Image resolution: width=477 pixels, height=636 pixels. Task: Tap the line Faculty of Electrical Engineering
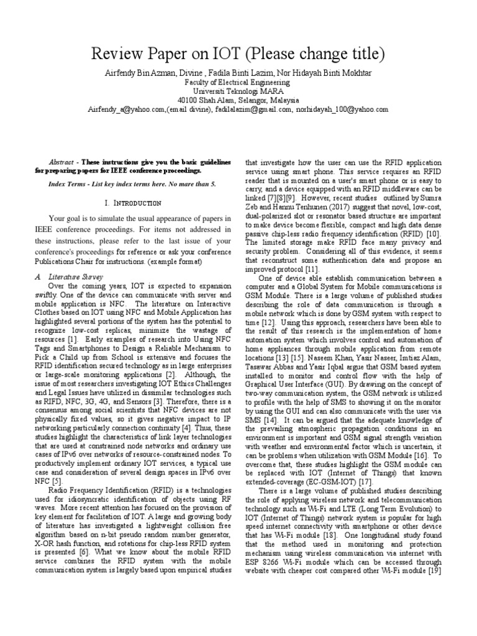coord(238,82)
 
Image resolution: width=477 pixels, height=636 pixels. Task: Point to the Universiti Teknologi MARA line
coord(238,91)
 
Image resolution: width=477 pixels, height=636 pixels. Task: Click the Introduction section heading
coord(133,203)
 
